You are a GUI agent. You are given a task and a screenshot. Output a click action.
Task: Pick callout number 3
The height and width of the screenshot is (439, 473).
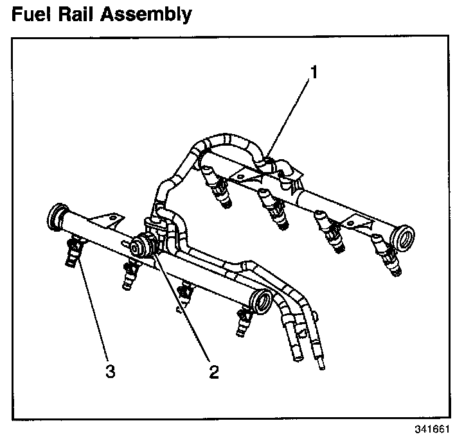click(110, 371)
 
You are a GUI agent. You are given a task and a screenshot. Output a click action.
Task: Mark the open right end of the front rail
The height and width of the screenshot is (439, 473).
click(262, 300)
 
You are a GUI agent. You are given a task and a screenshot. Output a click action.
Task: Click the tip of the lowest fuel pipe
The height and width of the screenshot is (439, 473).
click(321, 367)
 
